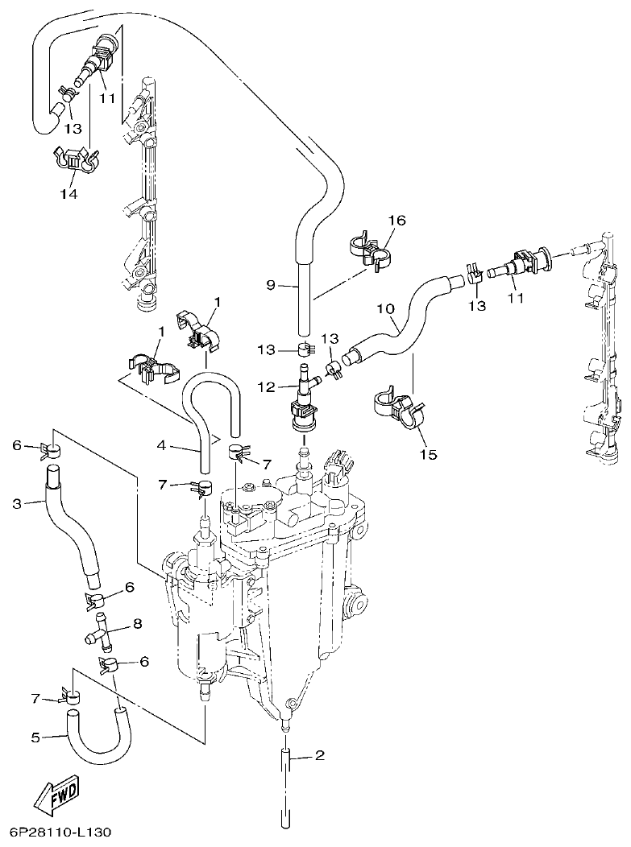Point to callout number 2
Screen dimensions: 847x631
tap(319, 755)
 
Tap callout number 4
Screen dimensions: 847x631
tap(161, 444)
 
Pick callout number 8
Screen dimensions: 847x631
tap(137, 623)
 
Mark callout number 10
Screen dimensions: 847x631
tap(385, 309)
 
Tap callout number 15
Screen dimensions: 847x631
tap(428, 455)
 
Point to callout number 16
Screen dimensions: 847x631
tap(398, 220)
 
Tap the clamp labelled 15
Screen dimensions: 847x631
tap(397, 407)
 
